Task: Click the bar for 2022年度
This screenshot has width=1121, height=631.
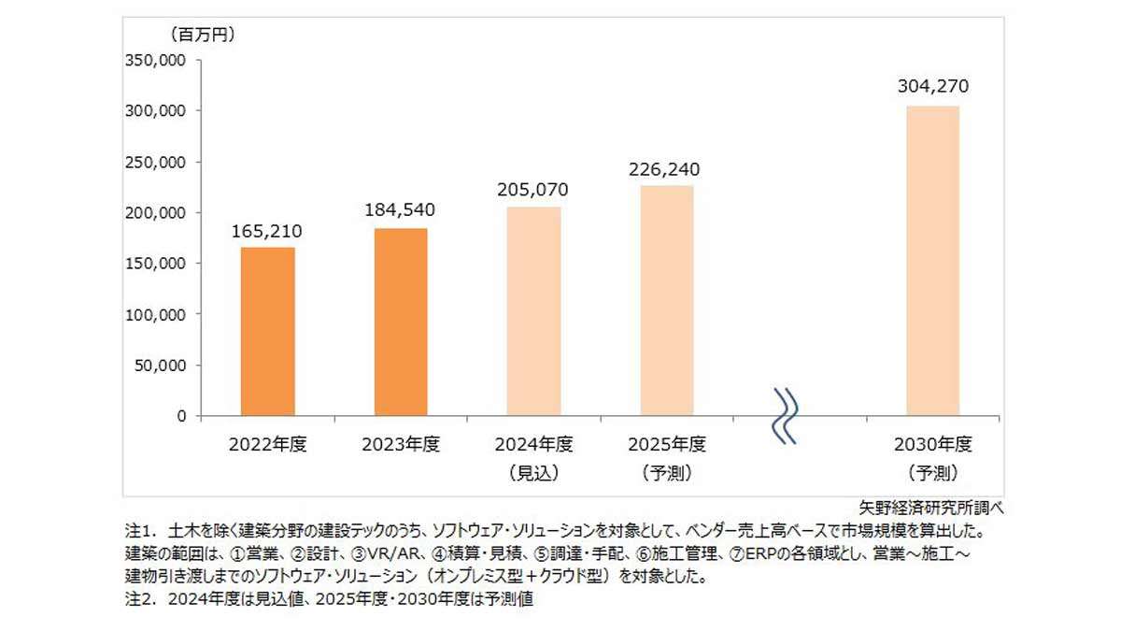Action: pos(267,332)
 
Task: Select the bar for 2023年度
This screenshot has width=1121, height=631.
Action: pos(401,323)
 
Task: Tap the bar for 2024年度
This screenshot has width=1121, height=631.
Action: pos(534,311)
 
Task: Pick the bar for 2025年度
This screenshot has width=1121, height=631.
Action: pos(667,301)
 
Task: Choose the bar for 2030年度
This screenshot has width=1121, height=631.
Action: pos(932,261)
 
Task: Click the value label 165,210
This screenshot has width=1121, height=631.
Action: pos(267,231)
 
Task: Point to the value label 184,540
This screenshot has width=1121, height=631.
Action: pos(401,211)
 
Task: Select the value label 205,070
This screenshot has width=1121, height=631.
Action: pos(534,190)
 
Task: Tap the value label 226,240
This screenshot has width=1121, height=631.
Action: pos(667,169)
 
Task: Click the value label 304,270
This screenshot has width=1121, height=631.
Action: pos(932,87)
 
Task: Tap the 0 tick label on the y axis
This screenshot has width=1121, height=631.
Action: pos(180,416)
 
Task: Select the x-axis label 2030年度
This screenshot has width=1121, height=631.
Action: pos(932,444)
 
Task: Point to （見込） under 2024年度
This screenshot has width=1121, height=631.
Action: pos(534,473)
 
